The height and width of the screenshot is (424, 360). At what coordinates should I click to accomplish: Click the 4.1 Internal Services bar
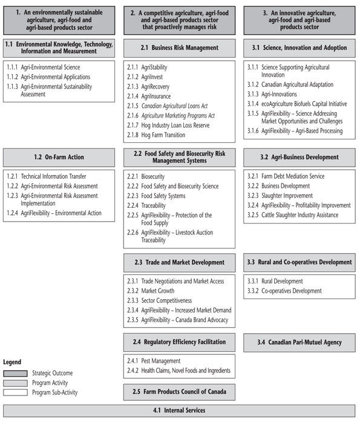point(179,411)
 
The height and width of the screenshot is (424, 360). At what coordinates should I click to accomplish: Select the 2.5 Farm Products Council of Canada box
point(179,392)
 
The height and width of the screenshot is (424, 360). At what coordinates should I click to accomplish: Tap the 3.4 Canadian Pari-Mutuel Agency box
point(299,342)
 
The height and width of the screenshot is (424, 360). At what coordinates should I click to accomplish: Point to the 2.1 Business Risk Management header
point(179,48)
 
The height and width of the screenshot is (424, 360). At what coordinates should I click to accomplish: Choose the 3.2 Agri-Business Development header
point(299,157)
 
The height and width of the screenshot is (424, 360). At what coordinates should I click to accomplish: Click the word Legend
point(12,362)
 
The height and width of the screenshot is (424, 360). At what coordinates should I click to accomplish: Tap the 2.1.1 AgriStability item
point(147,67)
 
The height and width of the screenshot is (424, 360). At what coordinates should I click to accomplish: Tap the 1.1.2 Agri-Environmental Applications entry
point(48,77)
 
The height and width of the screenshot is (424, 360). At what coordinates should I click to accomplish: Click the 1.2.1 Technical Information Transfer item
point(49,176)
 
